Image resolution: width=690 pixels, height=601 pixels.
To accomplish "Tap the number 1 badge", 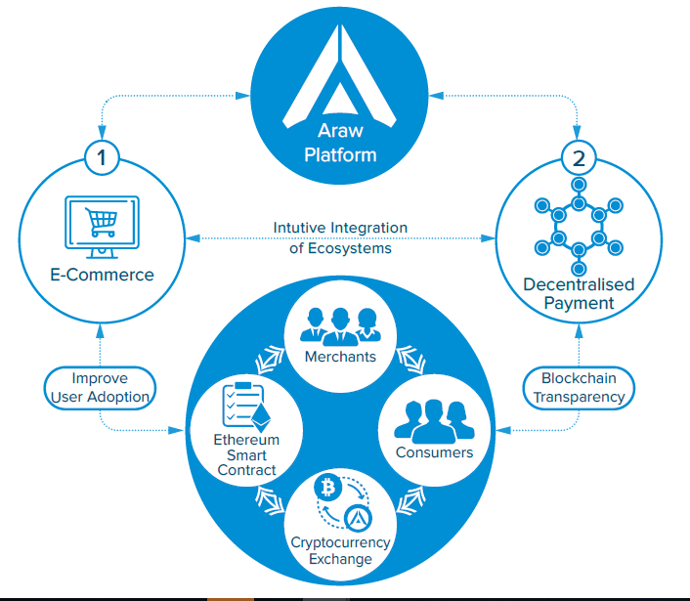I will [101, 155].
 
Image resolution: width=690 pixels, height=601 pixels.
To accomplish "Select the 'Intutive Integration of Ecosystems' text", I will [340, 237].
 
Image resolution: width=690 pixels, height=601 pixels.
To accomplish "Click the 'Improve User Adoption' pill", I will [100, 388].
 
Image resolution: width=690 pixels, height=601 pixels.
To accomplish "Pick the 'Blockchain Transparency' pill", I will [579, 388].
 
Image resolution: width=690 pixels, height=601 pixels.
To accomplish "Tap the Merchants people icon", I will [339, 324].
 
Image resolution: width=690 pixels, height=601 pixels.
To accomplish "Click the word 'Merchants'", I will [339, 357].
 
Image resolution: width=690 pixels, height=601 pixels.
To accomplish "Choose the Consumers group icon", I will [434, 420].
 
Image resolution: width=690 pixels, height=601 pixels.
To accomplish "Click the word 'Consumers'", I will [434, 452].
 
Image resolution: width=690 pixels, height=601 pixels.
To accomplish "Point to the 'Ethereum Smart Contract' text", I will [247, 454].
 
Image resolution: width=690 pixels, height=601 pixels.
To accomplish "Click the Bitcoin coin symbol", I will [325, 486].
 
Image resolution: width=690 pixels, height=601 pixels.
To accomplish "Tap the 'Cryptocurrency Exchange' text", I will [340, 550].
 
